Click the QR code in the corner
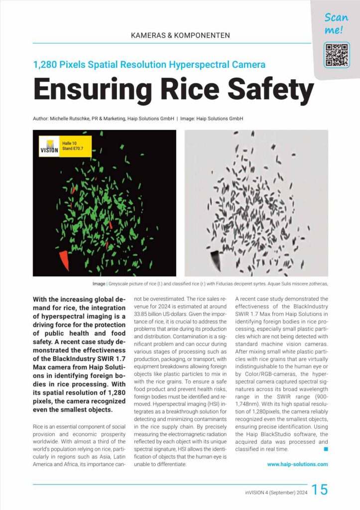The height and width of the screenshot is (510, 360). (x=337, y=55)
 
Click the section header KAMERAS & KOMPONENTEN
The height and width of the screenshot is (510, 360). (x=180, y=35)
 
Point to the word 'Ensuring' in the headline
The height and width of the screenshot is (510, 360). (x=93, y=90)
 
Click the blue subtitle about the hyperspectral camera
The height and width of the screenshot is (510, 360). (x=149, y=64)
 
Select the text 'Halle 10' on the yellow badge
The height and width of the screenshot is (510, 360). (x=70, y=143)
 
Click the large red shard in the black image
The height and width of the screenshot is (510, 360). (x=64, y=260)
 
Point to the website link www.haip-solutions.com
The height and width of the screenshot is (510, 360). (x=297, y=464)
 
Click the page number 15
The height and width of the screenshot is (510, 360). (x=320, y=490)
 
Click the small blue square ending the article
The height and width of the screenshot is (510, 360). (x=326, y=449)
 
